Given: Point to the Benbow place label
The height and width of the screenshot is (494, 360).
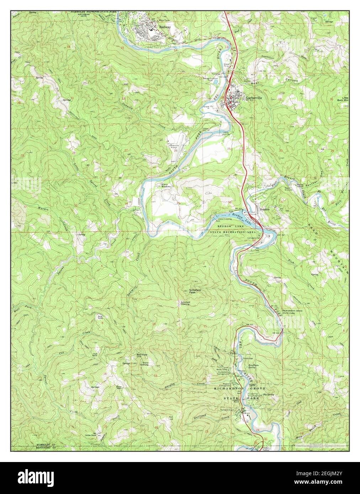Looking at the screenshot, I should (265, 210).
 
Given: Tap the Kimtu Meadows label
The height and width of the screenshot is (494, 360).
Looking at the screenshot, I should (165, 185).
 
